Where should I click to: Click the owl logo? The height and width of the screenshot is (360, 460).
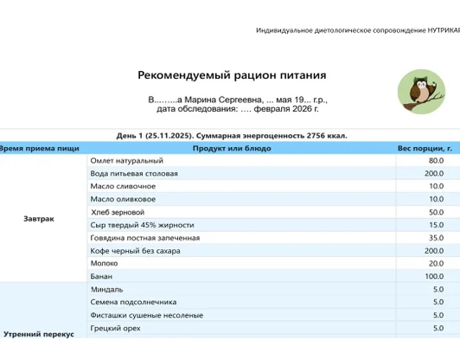[422, 92]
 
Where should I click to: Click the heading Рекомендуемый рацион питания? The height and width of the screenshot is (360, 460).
[231, 75]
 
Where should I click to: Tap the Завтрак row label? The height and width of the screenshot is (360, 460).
[39, 218]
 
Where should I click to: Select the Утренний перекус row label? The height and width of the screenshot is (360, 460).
[39, 333]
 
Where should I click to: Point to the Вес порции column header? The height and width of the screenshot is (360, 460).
[425, 148]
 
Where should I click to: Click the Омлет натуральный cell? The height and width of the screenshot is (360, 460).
[127, 160]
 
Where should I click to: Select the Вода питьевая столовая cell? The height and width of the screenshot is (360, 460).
[134, 173]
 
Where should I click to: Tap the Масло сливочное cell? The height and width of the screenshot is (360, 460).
[124, 186]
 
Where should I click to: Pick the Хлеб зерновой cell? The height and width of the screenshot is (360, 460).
[118, 212]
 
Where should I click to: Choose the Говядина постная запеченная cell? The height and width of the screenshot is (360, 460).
[145, 237]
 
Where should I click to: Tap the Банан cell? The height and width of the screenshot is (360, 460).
[102, 276]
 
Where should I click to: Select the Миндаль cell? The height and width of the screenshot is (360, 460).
[107, 289]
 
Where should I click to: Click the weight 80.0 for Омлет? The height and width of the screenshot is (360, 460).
[436, 160]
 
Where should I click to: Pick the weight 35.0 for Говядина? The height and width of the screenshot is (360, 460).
[436, 237]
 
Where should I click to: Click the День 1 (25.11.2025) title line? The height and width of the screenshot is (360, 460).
[231, 136]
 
